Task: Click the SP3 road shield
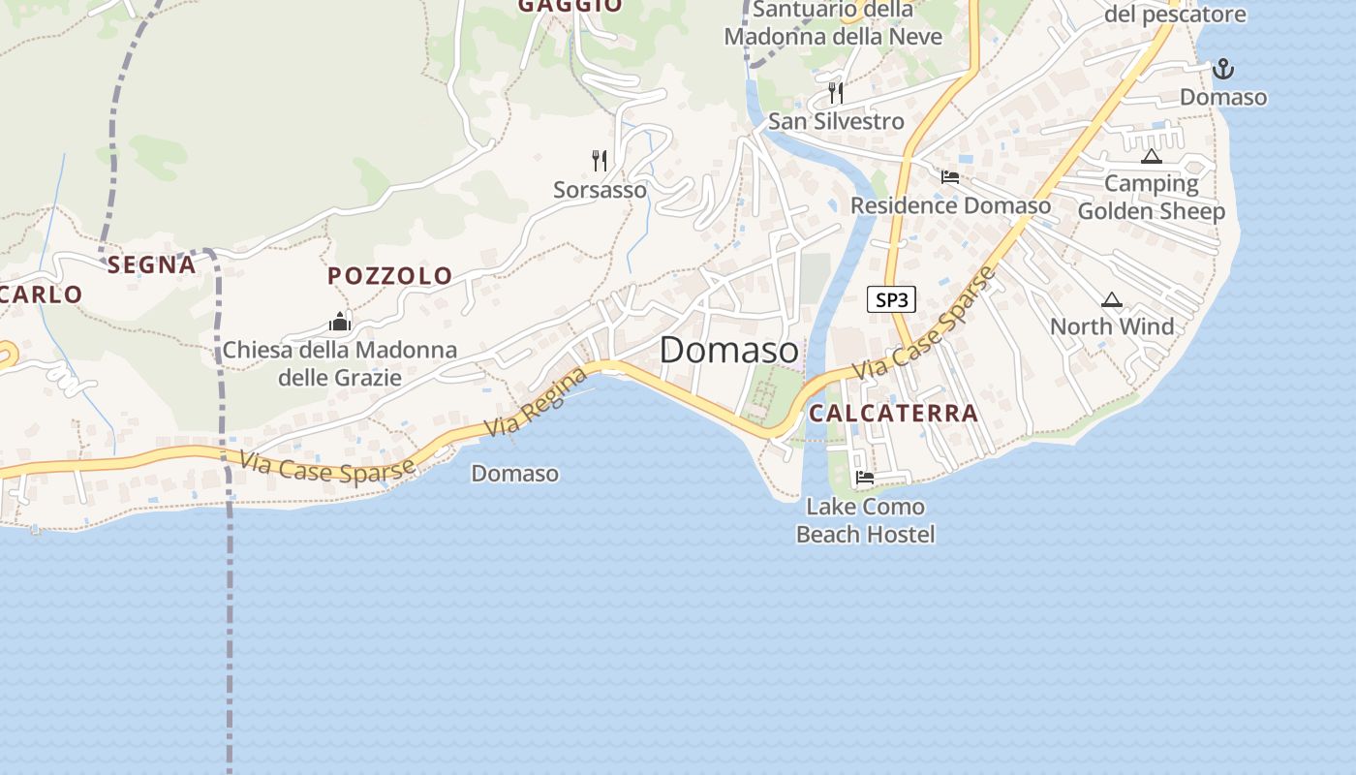tap(891, 299)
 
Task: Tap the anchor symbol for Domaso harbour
tap(1223, 69)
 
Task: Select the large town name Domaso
tap(729, 351)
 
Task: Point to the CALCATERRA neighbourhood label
tap(893, 413)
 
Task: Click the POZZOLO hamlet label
tap(389, 276)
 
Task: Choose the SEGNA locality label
tap(151, 264)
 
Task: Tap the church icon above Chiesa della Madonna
tap(339, 322)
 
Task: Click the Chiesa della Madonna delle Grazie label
tap(339, 363)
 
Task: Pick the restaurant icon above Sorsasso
tap(600, 160)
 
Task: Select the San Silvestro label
tap(836, 121)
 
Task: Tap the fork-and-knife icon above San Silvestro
tap(836, 92)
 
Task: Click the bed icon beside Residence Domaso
tap(949, 177)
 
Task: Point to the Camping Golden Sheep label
tap(1151, 198)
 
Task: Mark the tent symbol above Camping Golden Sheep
tap(1151, 156)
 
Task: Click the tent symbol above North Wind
tap(1111, 300)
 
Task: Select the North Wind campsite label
tap(1112, 326)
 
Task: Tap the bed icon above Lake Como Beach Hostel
tap(865, 477)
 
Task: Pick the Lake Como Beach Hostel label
tap(865, 520)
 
